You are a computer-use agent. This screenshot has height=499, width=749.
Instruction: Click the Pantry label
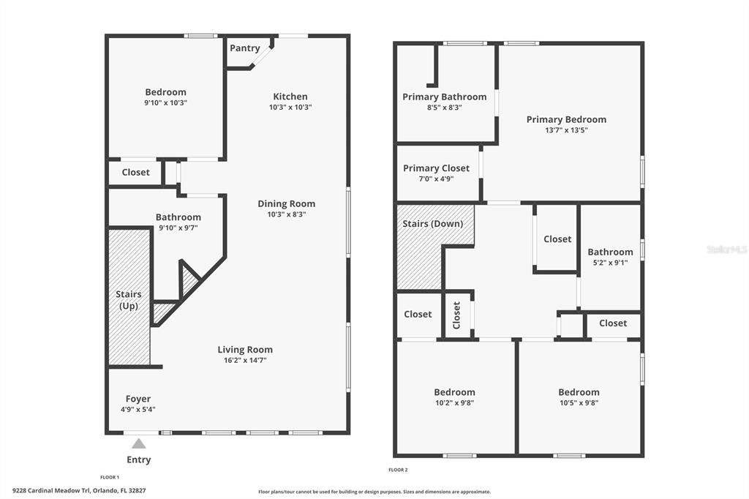pyautogui.click(x=245, y=48)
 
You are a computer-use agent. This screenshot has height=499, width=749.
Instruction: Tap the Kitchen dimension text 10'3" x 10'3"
pyautogui.click(x=290, y=108)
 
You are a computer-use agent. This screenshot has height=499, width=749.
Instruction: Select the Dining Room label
pyautogui.click(x=286, y=204)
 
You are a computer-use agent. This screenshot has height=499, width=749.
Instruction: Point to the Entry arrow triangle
pyautogui.click(x=138, y=443)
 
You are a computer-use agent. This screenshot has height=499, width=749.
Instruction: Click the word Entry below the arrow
pyautogui.click(x=138, y=460)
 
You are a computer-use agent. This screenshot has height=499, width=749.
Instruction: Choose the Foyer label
pyautogui.click(x=138, y=399)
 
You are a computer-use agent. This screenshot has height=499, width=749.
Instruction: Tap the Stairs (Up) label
pyautogui.click(x=129, y=300)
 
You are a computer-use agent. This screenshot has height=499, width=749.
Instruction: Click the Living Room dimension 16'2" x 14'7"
pyautogui.click(x=245, y=361)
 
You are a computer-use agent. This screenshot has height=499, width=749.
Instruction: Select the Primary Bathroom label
pyautogui.click(x=444, y=97)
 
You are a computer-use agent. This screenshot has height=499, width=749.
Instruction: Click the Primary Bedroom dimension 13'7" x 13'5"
pyautogui.click(x=566, y=130)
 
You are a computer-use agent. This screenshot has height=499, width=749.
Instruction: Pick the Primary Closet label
pyautogui.click(x=436, y=168)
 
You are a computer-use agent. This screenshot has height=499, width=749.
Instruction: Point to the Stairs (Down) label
pyautogui.click(x=433, y=224)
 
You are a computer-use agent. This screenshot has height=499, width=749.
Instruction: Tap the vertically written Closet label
pyautogui.click(x=457, y=315)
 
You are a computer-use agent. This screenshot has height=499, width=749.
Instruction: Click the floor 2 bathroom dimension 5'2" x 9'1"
pyautogui.click(x=610, y=263)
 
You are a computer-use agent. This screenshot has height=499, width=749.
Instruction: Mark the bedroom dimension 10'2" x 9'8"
pyautogui.click(x=454, y=402)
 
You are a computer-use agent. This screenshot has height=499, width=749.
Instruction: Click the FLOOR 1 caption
pyautogui.click(x=110, y=477)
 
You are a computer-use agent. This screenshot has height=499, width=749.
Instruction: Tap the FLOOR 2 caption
pyautogui.click(x=398, y=470)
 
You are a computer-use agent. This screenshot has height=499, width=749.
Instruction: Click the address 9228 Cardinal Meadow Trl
pyautogui.click(x=51, y=490)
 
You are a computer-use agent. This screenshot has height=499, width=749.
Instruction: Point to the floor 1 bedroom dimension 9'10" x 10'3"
pyautogui.click(x=165, y=103)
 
